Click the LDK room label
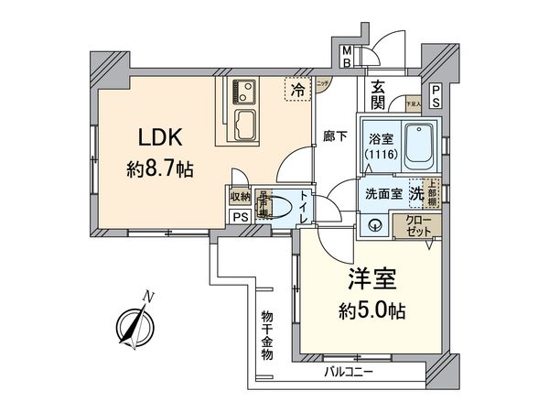(x=162, y=138)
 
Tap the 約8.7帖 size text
(x=161, y=169)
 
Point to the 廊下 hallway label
(x=334, y=136)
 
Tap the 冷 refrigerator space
(x=298, y=90)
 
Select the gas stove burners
(x=245, y=91)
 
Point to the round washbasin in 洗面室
(x=375, y=223)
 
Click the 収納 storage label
(x=240, y=196)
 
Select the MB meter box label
(x=347, y=57)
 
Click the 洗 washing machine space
(x=415, y=193)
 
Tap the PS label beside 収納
(x=240, y=217)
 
